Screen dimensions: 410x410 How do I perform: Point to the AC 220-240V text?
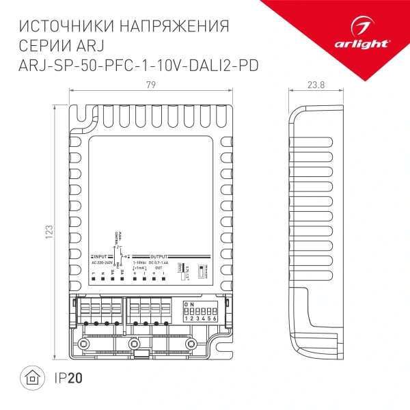105,262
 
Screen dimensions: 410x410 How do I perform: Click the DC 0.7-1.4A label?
160,262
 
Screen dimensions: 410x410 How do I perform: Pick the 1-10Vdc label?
139,262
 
